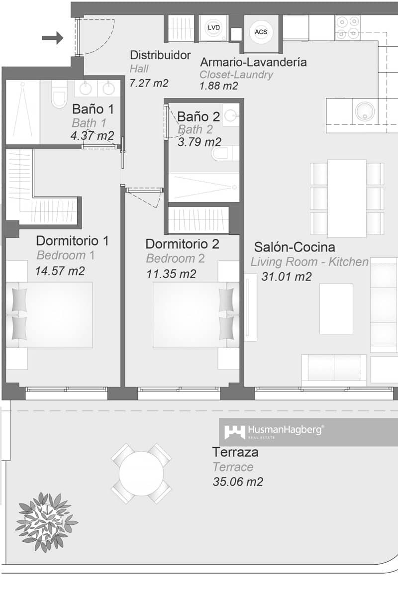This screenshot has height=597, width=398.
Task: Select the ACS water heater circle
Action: coord(261,31)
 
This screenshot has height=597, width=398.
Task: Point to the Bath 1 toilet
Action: coord(59,97)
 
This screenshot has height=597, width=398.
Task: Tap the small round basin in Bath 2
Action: coord(230,115)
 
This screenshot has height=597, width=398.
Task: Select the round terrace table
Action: coord(141,473)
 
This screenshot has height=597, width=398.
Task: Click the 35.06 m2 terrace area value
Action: coord(237,482)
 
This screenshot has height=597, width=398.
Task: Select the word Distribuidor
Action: coord(160,55)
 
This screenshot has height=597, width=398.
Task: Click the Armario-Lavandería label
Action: coord(253,62)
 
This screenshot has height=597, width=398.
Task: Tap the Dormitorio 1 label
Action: coord(72,241)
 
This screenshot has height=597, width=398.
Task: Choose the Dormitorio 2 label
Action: coord(182,244)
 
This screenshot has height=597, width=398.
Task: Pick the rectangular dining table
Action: coord(347,198)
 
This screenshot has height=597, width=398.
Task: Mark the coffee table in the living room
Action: coord(336,308)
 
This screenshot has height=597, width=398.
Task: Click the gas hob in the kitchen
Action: coord(348,28)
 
